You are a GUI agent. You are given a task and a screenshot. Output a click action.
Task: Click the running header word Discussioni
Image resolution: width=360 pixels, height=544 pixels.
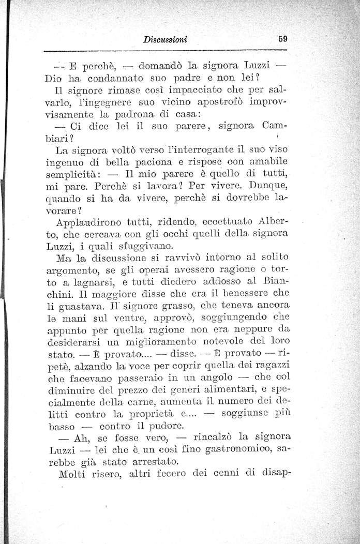pyautogui.click(x=167, y=39)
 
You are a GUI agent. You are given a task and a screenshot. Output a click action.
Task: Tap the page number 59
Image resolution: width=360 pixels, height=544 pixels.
pyautogui.click(x=282, y=38)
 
